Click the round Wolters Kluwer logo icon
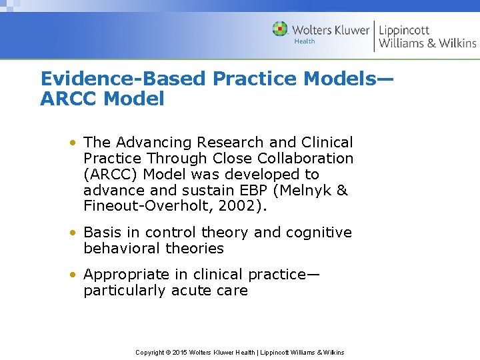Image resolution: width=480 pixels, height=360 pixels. [x=280, y=29]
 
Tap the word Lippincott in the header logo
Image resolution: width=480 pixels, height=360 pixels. [x=404, y=30]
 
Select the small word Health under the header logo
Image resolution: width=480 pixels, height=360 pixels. [x=305, y=41]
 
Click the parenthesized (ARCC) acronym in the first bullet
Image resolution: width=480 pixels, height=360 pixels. [x=110, y=175]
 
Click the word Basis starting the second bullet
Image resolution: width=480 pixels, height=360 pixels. [x=103, y=233]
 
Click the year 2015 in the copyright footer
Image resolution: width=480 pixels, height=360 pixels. [x=179, y=352]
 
